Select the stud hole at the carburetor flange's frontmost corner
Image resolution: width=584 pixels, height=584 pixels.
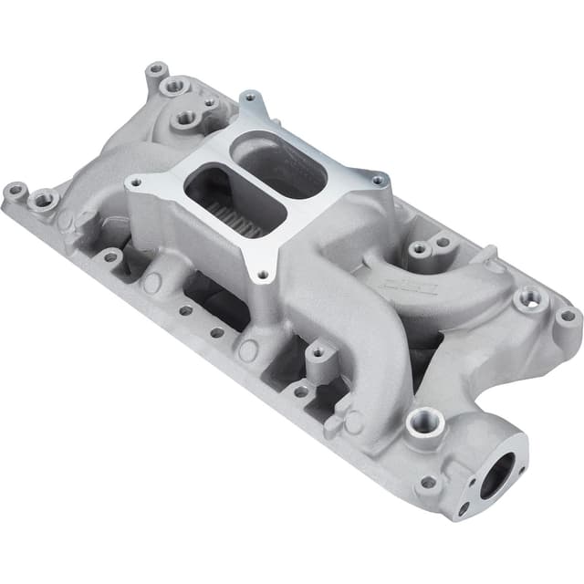tap(263, 272)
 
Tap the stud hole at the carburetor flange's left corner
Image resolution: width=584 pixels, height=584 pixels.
tap(135, 182)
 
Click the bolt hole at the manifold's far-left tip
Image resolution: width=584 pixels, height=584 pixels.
tap(15, 192)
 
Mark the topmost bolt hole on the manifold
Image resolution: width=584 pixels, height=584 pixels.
tap(157, 69)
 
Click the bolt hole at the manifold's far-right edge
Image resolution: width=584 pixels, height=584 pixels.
tap(567, 317)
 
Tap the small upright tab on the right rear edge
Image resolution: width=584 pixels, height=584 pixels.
tap(489, 253)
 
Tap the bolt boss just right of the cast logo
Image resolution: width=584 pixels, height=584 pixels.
tap(527, 298)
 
